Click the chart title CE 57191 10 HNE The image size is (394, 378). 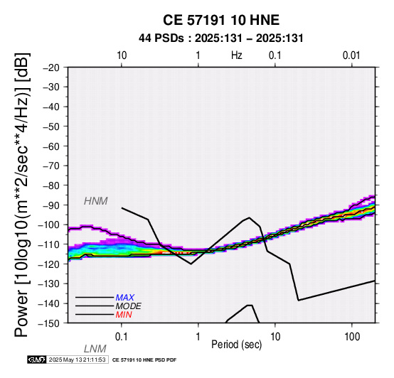tap(221, 20)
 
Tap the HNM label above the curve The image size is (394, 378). tap(96, 201)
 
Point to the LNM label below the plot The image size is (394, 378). tap(95, 349)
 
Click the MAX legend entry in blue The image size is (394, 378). tap(125, 298)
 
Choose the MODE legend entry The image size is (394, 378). tap(129, 306)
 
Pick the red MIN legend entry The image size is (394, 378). tap(124, 315)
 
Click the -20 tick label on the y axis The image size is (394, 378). tap(51, 67)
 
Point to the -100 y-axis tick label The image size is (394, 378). tap(49, 225)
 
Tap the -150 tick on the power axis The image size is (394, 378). tap(49, 323)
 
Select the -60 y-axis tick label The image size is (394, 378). tap(51, 146)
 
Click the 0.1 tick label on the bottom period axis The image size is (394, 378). tap(122, 337)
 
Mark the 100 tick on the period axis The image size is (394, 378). tap(352, 337)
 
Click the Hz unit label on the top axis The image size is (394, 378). tap(237, 55)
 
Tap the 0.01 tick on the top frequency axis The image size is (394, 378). tap(351, 55)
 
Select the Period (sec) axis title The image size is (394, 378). tap(236, 345)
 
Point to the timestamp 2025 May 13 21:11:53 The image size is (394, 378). tap(77, 360)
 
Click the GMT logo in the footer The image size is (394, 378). tap(37, 360)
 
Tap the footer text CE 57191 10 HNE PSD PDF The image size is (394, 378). tap(144, 360)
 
